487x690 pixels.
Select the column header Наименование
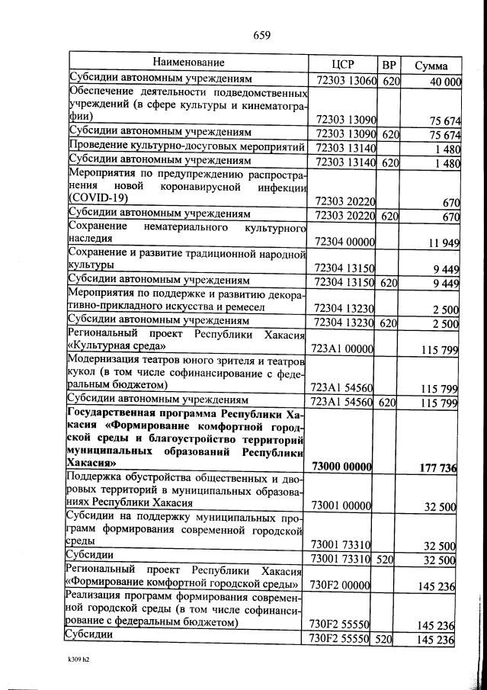[188, 62]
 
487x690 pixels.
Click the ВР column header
[389, 65]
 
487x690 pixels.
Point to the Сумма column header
[431, 66]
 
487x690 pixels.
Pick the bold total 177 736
[438, 467]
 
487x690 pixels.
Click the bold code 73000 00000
[341, 466]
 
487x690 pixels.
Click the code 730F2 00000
[341, 586]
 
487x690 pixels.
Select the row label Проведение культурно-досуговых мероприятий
[187, 146]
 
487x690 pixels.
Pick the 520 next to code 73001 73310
[385, 560]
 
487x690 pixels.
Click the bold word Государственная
[115, 413]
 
